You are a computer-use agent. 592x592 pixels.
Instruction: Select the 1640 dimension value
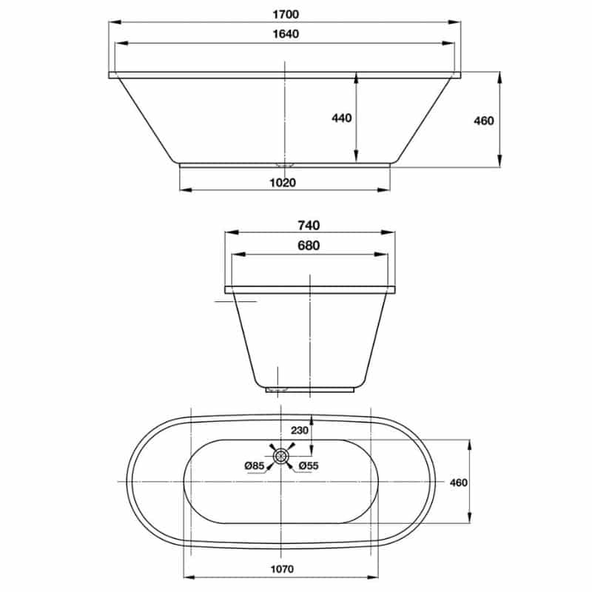point(284,34)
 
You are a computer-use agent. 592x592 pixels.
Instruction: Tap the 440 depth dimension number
point(341,118)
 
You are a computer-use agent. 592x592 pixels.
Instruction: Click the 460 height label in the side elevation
point(483,121)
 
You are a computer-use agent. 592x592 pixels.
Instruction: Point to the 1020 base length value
point(284,183)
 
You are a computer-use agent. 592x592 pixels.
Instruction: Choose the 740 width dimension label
point(309,226)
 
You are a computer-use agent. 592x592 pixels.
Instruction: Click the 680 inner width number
point(309,246)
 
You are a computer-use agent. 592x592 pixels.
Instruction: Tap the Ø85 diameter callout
point(254,465)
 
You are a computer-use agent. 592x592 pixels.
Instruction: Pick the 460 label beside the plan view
point(459,482)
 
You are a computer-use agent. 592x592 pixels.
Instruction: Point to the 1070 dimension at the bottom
point(282,569)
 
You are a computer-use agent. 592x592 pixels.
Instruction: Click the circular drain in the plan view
point(280,457)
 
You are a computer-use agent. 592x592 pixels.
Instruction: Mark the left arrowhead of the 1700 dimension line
point(113,23)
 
